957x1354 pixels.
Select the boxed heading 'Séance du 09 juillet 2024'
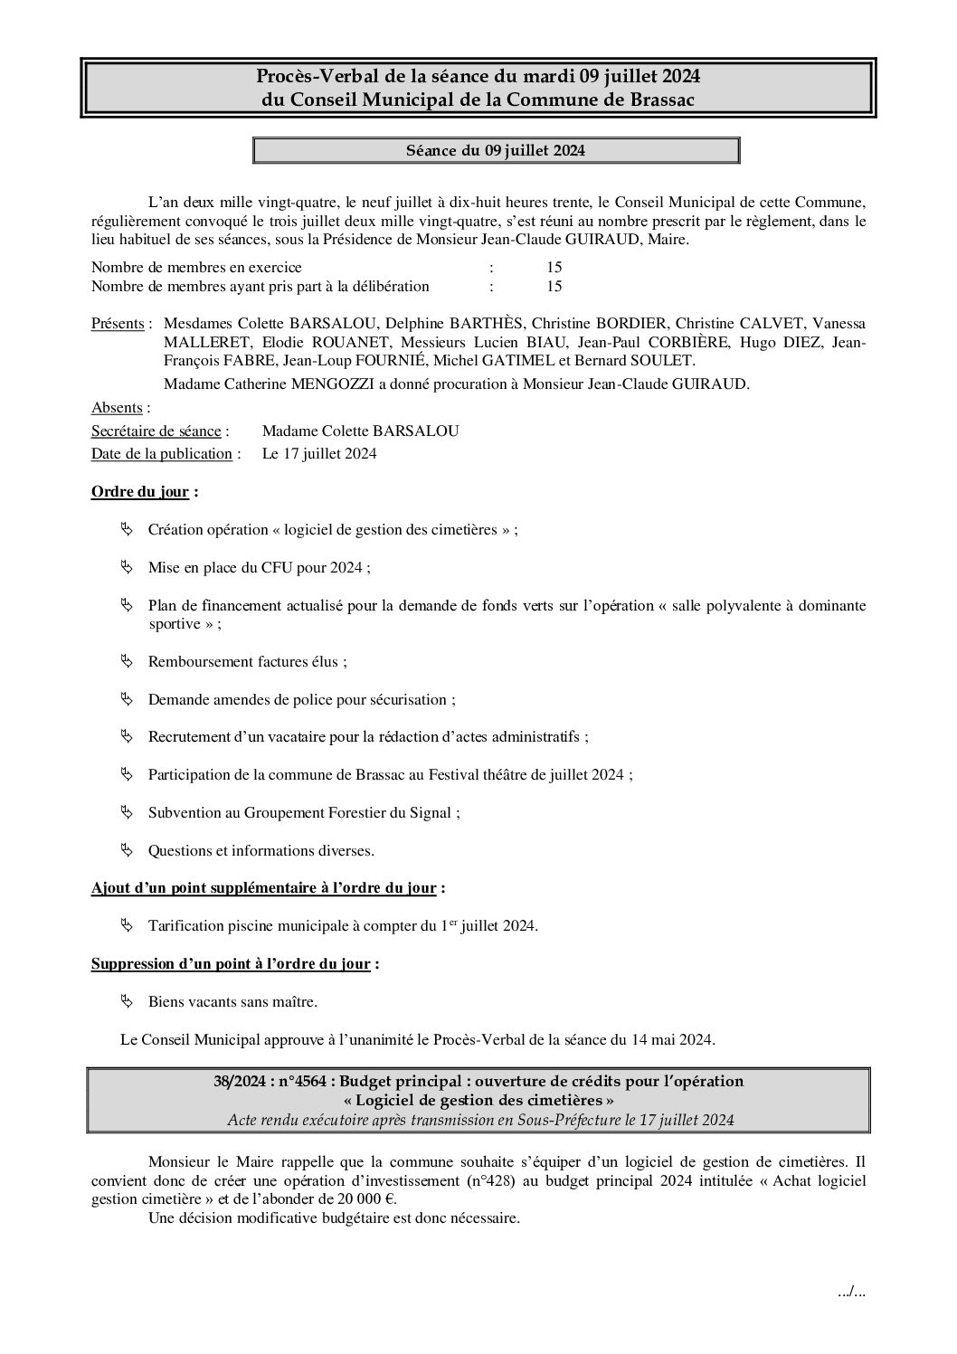point(496,150)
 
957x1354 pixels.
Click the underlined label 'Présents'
point(118,323)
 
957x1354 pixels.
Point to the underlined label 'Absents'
point(117,407)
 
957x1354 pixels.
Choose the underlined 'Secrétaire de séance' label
point(156,431)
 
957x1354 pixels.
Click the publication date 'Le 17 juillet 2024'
point(319,453)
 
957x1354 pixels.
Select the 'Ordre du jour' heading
point(140,492)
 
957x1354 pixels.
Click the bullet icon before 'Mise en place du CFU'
point(126,566)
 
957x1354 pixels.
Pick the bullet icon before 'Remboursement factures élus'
point(126,661)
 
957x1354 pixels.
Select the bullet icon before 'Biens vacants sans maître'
point(126,1001)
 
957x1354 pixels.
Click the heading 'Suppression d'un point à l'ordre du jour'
point(231,963)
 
